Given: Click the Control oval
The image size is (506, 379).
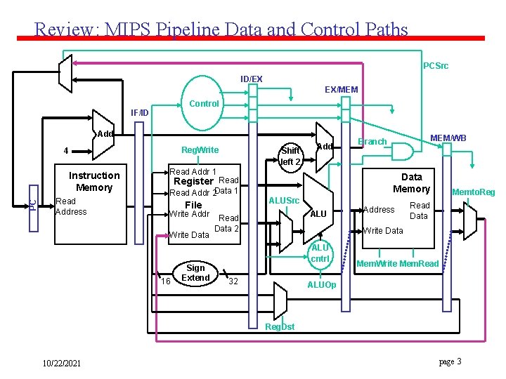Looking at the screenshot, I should pos(205,104).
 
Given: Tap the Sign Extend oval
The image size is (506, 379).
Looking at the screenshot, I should pos(195,273).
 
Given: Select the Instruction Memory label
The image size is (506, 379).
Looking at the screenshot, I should pos(94,181).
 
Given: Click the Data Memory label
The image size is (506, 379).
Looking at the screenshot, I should pos(411,183).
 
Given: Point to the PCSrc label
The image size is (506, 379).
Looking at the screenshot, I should pos(436,66).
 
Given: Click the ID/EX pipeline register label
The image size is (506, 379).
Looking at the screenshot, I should pos(251,79).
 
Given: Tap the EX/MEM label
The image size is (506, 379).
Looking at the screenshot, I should pos(341,90).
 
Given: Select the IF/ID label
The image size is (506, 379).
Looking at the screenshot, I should pos(140,112).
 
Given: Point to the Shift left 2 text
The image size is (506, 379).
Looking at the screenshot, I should pos(290,156).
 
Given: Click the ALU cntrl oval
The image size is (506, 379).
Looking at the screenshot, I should pos(320,253).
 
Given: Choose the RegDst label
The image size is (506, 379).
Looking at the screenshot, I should pos(280,326).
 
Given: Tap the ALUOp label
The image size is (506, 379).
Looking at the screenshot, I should pos(323,286).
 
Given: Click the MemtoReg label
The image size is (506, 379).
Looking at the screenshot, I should pos(473,192).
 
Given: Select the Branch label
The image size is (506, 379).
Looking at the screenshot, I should pos(372,142).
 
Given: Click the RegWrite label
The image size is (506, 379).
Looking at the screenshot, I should pos(200,149).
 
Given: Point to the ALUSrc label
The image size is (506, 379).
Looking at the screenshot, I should pos(285,201).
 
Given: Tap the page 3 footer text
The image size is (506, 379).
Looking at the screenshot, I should pos(450,361).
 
